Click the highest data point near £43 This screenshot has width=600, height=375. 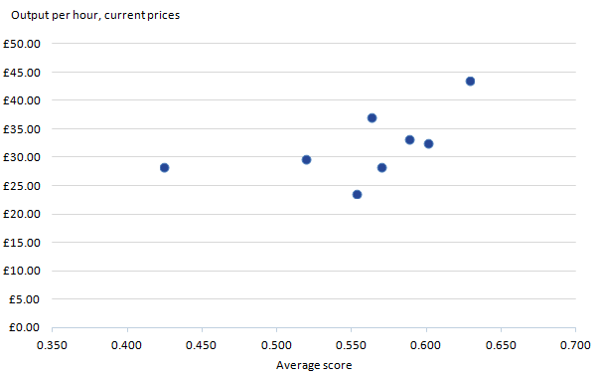[x=470, y=82]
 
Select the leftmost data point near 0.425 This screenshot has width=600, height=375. [x=164, y=168]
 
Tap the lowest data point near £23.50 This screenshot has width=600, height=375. [x=357, y=195]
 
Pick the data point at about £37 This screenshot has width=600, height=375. [x=372, y=118]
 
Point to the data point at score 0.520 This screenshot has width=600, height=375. [x=306, y=159]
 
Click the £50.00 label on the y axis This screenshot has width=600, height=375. [x=22, y=44]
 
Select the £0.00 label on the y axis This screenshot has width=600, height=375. [x=25, y=327]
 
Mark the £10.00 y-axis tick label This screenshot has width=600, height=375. [x=22, y=271]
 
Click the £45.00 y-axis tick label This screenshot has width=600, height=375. [x=22, y=73]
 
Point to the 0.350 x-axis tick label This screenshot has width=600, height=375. [x=52, y=344]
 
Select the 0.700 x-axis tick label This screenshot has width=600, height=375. [x=576, y=344]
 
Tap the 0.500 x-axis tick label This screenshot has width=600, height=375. [x=276, y=344]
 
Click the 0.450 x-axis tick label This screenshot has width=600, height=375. [x=202, y=344]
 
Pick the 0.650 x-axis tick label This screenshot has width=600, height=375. [x=501, y=344]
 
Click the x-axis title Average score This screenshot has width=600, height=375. [x=314, y=365]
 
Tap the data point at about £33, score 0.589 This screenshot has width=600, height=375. [x=409, y=140]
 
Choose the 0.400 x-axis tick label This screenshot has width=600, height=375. [x=127, y=344]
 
